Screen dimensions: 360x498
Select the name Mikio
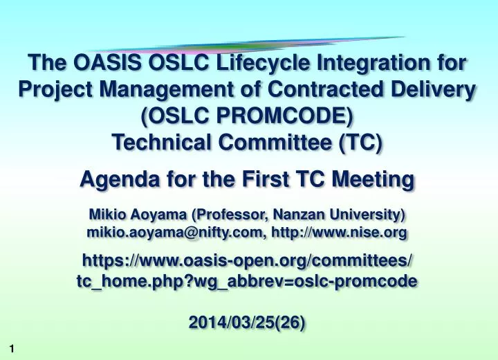click(x=107, y=214)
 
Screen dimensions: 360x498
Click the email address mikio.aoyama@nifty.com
click(x=175, y=233)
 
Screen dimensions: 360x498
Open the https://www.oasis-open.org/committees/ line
click(x=248, y=262)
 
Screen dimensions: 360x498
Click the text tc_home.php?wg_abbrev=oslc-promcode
click(x=248, y=281)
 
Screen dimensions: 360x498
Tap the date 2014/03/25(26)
click(x=247, y=323)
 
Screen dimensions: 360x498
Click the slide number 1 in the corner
click(x=12, y=350)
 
